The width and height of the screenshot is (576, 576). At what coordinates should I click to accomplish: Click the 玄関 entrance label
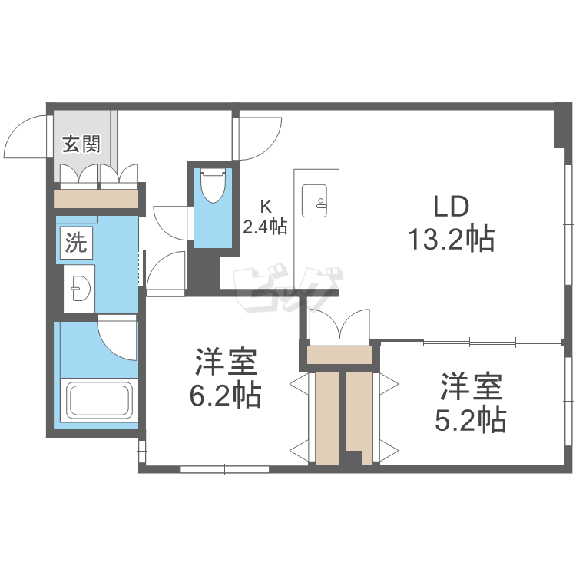coord(81,144)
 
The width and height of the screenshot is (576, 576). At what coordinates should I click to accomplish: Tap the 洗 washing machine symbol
coord(75,243)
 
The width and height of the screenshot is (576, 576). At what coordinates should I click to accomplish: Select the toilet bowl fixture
coord(210,187)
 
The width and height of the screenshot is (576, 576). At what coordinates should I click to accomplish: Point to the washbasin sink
coord(79,290)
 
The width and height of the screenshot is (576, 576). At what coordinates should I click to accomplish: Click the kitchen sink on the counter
coord(316,198)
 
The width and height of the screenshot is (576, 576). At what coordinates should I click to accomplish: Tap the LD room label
coord(451,207)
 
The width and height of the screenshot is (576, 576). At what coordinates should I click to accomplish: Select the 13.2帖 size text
coord(451,240)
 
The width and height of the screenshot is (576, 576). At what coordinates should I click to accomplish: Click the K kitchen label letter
coord(266,206)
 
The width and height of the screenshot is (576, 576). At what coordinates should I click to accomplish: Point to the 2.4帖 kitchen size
coord(266,227)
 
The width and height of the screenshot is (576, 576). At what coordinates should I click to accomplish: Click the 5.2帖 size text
coord(472,419)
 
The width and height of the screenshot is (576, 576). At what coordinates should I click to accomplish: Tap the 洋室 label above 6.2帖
coord(225,361)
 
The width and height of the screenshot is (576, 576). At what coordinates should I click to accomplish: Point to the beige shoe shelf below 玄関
coord(96,199)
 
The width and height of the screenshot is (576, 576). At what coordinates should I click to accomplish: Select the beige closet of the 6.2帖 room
coord(326,419)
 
